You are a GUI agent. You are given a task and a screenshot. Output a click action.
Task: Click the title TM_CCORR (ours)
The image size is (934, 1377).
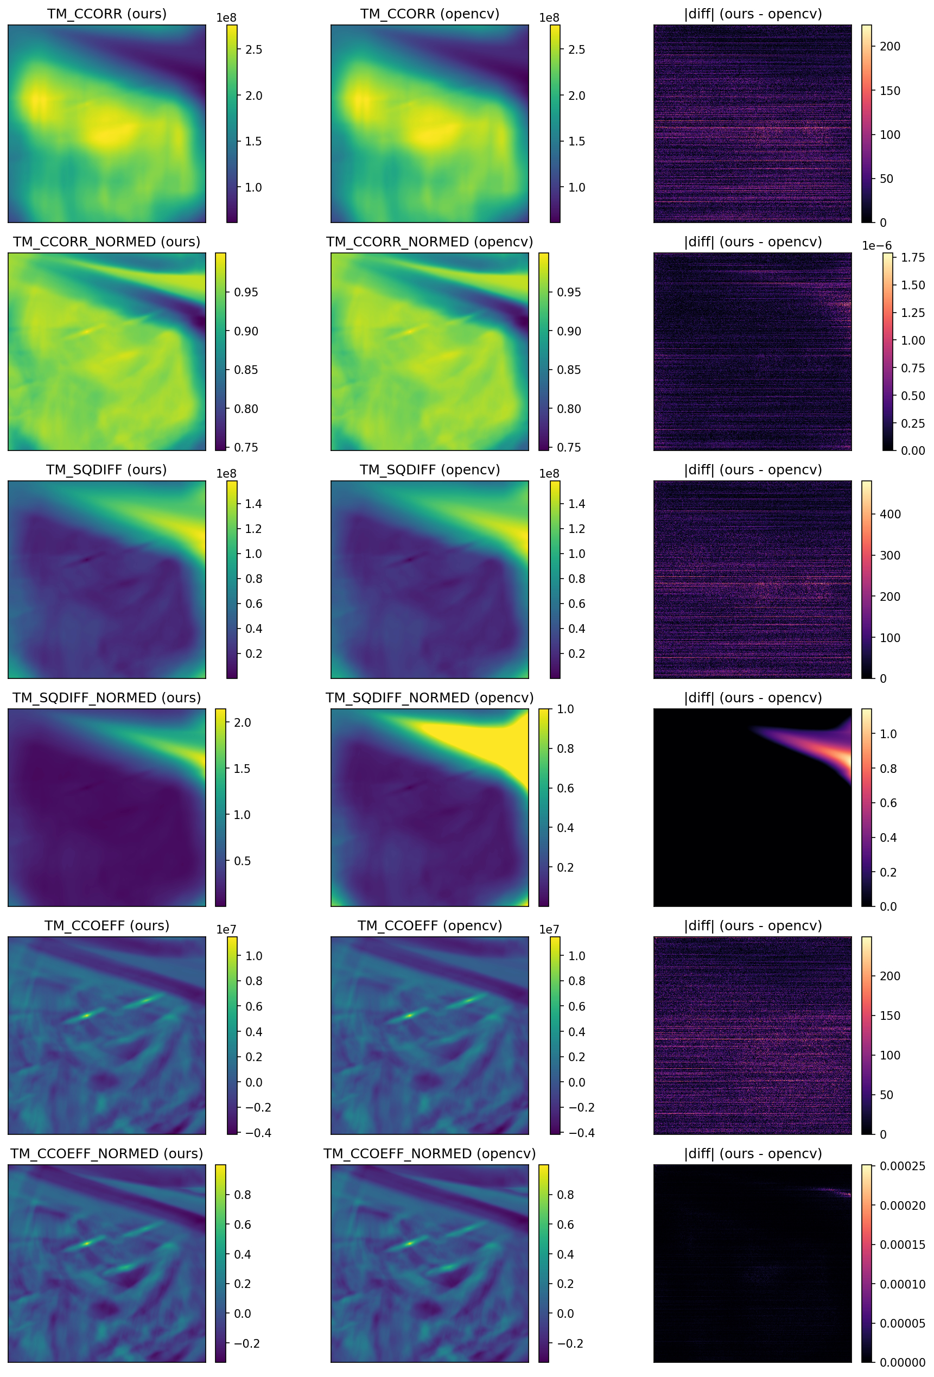pos(106,14)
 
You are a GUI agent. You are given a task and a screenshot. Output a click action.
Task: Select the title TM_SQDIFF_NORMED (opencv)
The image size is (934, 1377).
pos(429,698)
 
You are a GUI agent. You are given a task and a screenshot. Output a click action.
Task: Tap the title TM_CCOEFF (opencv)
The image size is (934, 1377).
pos(429,926)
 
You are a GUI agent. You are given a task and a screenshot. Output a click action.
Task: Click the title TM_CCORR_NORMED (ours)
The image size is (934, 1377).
pos(106,242)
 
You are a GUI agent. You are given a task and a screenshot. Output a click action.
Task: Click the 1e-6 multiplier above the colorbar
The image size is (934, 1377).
pos(876,246)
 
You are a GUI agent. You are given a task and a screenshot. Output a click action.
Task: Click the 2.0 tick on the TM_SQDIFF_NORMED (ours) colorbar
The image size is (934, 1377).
pos(242,723)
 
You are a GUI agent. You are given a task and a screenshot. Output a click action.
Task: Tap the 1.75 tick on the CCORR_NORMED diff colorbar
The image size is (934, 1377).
pos(913,257)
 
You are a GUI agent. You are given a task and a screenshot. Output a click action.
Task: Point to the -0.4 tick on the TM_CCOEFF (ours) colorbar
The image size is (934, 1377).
pos(258,1133)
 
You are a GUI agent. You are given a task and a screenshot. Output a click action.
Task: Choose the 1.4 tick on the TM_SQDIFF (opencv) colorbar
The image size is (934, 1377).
pos(576,504)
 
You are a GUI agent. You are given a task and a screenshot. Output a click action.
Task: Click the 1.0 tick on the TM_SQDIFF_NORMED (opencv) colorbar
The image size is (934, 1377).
pos(565,709)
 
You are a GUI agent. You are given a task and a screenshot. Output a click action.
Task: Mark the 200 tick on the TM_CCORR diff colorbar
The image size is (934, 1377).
pos(889,46)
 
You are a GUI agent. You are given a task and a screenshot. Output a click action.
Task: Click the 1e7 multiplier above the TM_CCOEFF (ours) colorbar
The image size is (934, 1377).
pos(226,930)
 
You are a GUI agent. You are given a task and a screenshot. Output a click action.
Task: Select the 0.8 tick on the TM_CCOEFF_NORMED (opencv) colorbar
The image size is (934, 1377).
pos(565,1195)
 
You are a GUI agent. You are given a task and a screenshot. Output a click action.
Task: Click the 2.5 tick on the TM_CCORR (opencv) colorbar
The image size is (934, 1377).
pos(576,50)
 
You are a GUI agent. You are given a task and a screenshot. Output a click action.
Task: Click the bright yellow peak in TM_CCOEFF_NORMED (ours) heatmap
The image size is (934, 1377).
pos(86,1243)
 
